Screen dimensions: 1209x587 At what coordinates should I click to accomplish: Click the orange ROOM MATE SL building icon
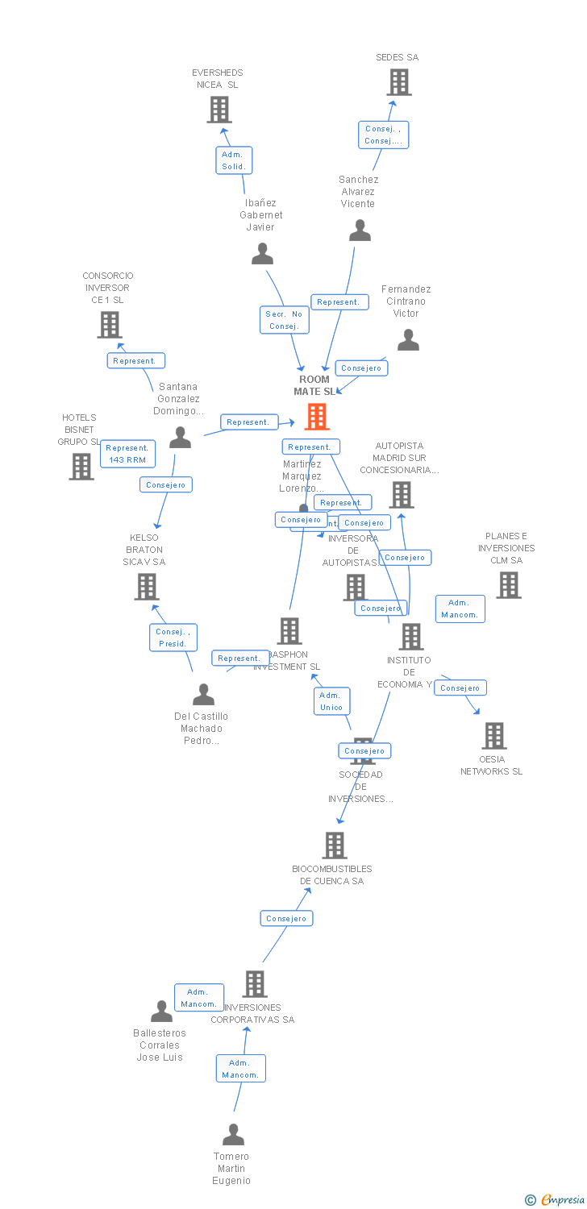click(x=317, y=417)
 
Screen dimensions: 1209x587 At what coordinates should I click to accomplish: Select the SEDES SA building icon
click(x=398, y=82)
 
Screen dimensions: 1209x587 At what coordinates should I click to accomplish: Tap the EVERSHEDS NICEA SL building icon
click(x=219, y=110)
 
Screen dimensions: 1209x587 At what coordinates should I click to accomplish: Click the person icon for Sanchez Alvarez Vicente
click(x=360, y=231)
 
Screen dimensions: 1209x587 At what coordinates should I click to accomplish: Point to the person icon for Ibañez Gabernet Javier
click(x=262, y=255)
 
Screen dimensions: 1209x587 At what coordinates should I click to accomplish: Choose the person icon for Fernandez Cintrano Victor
click(x=408, y=341)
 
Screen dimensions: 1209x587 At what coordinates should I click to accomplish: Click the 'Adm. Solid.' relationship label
click(x=234, y=160)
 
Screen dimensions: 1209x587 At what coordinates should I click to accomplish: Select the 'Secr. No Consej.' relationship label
click(x=284, y=320)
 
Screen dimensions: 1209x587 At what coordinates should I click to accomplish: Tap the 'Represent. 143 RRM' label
click(x=127, y=454)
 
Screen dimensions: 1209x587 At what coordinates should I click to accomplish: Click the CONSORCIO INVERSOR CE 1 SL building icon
click(x=109, y=325)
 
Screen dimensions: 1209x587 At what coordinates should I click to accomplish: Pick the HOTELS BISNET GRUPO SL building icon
click(x=81, y=466)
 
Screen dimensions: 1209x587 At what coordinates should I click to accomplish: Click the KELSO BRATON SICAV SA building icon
click(x=146, y=587)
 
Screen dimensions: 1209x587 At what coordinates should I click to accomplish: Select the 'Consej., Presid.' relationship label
click(x=173, y=638)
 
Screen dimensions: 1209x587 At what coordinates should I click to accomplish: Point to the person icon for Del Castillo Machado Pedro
click(x=203, y=695)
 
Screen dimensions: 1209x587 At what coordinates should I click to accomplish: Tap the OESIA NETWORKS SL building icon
click(x=493, y=736)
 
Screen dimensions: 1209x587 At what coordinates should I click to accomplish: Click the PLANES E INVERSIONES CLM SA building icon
click(x=508, y=585)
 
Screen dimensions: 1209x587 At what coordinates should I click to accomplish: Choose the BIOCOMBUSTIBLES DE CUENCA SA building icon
click(x=334, y=845)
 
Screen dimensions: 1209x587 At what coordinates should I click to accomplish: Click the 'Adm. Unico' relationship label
click(x=331, y=701)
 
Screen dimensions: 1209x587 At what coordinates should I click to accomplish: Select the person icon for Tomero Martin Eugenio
click(x=233, y=1135)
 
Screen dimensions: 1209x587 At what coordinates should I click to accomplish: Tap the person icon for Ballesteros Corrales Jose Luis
click(x=161, y=1012)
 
